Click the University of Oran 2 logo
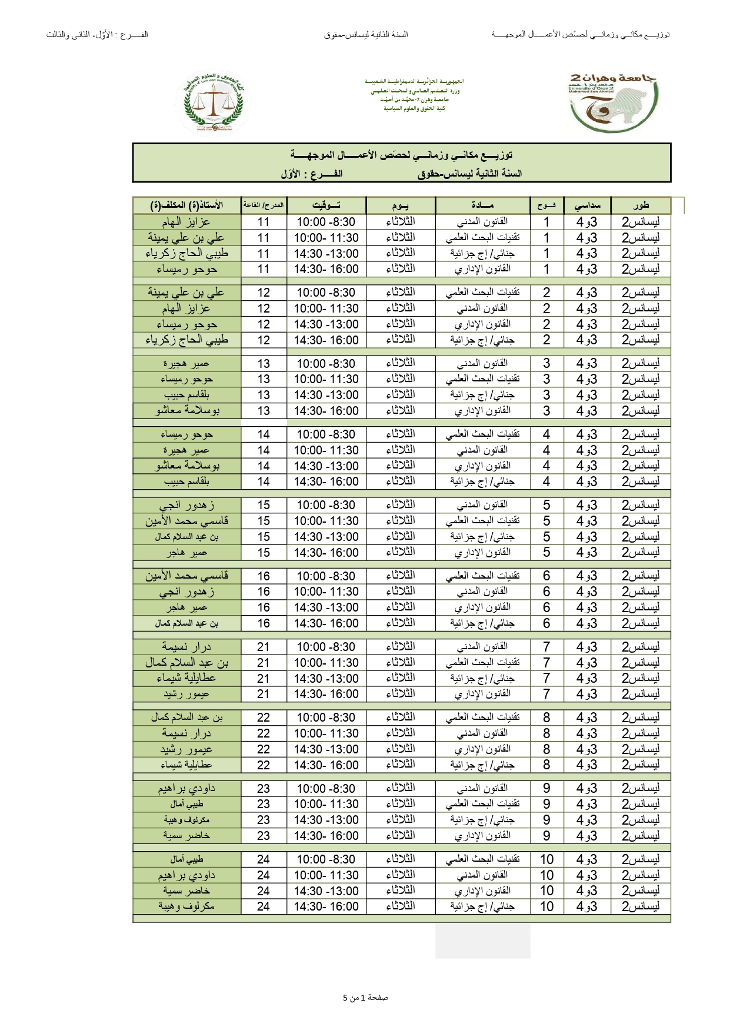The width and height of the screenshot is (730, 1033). [x=613, y=102]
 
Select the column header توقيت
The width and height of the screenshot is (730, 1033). [x=326, y=205]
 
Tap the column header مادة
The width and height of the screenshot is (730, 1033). [x=482, y=205]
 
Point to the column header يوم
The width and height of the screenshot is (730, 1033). [x=401, y=205]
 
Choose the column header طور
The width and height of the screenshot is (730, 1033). [x=641, y=205]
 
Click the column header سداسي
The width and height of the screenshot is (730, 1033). [x=587, y=205]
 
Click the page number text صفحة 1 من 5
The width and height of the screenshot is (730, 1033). [x=365, y=998]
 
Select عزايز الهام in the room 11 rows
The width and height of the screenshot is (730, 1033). [x=186, y=222]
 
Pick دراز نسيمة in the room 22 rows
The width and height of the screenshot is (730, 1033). [x=186, y=733]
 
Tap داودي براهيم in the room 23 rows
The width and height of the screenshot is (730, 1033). [x=186, y=789]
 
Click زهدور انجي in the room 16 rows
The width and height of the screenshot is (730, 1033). [x=186, y=592]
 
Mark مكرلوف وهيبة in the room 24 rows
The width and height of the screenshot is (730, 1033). [x=186, y=906]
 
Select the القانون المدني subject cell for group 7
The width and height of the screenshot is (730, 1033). [x=482, y=647]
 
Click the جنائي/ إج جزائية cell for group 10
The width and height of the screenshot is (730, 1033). [x=482, y=906]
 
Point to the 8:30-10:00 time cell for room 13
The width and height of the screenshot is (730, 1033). [x=326, y=364]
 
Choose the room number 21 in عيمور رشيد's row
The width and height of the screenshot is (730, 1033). [x=264, y=695]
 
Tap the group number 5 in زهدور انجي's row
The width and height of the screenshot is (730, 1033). [x=546, y=505]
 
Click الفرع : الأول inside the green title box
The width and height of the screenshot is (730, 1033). [x=312, y=174]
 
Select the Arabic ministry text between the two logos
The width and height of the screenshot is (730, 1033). [x=414, y=95]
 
